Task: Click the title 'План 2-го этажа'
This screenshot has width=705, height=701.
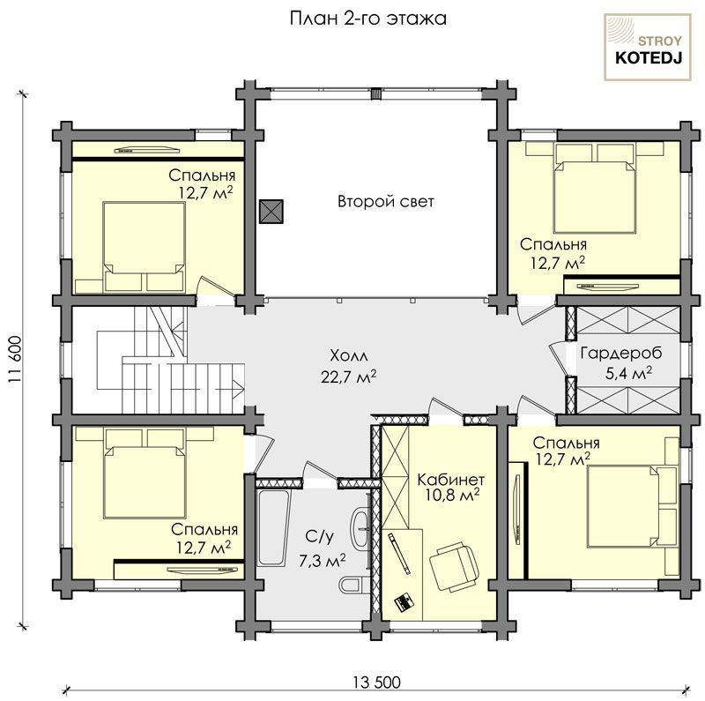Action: (367, 19)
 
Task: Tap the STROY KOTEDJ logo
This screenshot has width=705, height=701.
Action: (648, 48)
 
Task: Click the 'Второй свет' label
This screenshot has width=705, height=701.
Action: (386, 201)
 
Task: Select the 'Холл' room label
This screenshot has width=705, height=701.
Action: (349, 356)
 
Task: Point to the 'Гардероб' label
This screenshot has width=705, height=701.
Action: (621, 354)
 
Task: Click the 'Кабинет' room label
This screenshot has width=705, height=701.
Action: (451, 479)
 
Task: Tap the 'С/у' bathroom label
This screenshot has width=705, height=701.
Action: (320, 536)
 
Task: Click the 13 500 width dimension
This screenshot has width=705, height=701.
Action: (376, 682)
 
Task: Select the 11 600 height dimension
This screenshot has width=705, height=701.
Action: (15, 360)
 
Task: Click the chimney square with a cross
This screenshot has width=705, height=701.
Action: (271, 211)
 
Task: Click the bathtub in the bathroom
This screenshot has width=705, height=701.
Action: (274, 528)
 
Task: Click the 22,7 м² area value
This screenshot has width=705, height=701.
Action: (348, 377)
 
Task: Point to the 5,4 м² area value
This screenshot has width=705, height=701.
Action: (628, 373)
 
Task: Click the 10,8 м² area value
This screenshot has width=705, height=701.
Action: (452, 496)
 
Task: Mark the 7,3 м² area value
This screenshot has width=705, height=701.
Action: (323, 561)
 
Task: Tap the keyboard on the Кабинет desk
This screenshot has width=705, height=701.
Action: (404, 602)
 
